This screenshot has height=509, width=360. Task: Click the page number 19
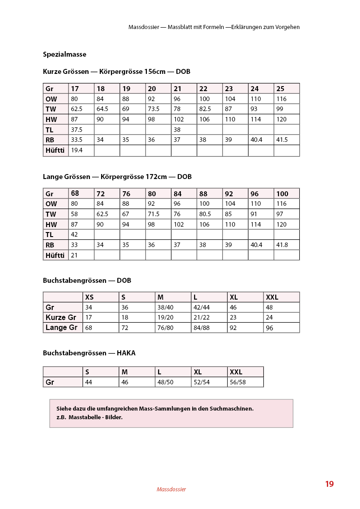329,484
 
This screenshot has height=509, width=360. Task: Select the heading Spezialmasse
64,54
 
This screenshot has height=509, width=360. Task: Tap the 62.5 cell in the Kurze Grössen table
77,109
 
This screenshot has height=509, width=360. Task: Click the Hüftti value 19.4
77,150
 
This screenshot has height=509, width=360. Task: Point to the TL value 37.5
77,130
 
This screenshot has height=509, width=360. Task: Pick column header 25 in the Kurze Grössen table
281,89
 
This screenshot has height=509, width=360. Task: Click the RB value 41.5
282,140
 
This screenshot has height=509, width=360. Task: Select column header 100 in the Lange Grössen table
282,194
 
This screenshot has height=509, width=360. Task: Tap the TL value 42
75,235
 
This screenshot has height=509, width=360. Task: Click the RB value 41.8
282,245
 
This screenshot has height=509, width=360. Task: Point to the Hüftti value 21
74,256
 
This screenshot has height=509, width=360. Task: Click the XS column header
90,297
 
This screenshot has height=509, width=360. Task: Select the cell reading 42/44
201,308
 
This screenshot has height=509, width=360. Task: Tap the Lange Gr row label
62,328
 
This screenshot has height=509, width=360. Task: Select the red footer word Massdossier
171,490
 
